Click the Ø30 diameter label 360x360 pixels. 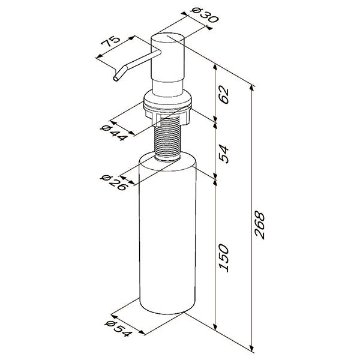205,16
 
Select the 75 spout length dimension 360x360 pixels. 111,41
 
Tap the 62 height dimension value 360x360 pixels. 224,94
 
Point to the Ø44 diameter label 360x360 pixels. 114,133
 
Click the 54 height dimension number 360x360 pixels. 224,154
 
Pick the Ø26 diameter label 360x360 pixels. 113,183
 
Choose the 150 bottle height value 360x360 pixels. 224,258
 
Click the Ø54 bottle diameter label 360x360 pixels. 119,329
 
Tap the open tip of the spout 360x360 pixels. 116,79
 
